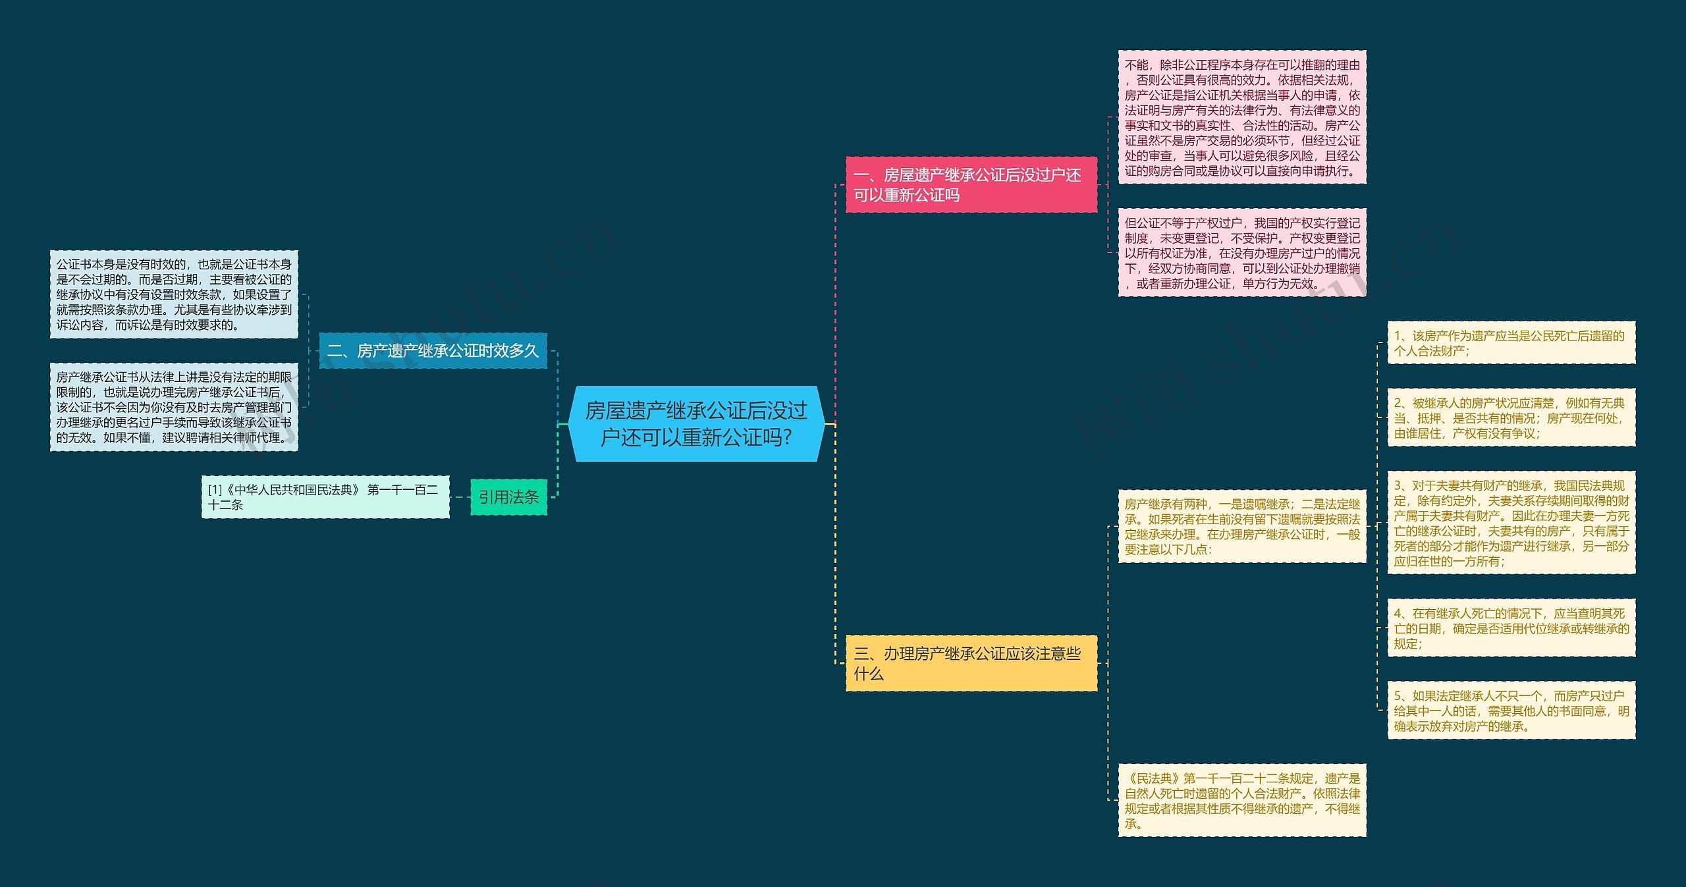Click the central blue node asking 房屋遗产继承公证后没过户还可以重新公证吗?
(x=696, y=424)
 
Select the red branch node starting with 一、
(x=971, y=185)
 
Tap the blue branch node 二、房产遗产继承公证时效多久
(x=433, y=351)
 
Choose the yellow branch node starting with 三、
(x=971, y=663)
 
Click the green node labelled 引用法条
(x=509, y=497)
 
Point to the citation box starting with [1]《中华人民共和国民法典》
(x=325, y=497)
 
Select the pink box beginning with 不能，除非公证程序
(x=1242, y=117)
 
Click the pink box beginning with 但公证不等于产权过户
(x=1242, y=253)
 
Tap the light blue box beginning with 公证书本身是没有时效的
(x=174, y=294)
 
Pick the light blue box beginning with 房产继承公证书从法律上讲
(x=174, y=407)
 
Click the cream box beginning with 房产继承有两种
(x=1242, y=527)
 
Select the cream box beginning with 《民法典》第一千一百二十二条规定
(x=1242, y=801)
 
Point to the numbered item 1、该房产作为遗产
(x=1511, y=343)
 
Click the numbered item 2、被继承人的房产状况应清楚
(x=1511, y=417)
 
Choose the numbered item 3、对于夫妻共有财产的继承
(x=1511, y=523)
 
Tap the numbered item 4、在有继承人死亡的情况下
(x=1511, y=628)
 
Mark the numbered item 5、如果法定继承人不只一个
(x=1511, y=711)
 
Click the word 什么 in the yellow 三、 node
(x=869, y=674)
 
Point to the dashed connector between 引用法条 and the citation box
(x=460, y=497)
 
